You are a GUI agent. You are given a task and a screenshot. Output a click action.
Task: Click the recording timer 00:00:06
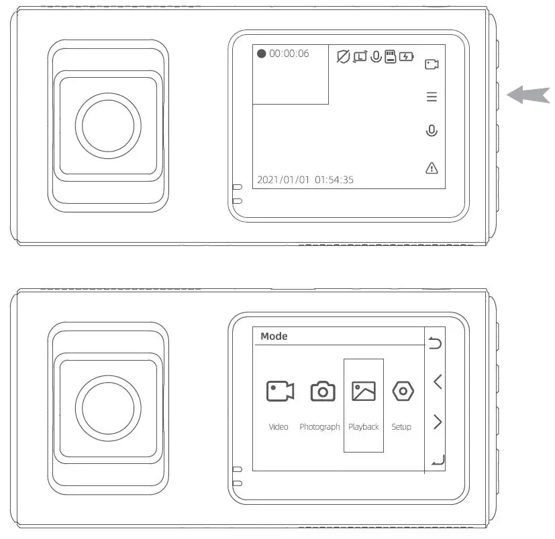(x=289, y=54)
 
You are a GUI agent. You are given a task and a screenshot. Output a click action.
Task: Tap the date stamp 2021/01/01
(x=283, y=180)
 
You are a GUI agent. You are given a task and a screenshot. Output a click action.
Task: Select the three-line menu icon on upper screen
(x=432, y=97)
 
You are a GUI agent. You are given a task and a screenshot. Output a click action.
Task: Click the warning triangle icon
(x=432, y=168)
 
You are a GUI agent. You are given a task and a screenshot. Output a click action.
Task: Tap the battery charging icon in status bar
(x=407, y=57)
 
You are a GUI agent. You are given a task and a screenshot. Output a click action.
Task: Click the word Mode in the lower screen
(x=274, y=337)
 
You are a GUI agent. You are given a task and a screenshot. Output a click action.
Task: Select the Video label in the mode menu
(x=279, y=427)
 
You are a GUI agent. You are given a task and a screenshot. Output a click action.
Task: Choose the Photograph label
(x=319, y=427)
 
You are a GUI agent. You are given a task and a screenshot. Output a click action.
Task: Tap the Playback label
(x=364, y=427)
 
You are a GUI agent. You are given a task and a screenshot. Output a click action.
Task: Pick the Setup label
(x=401, y=427)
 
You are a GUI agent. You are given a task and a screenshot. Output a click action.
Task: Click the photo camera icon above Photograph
(x=323, y=391)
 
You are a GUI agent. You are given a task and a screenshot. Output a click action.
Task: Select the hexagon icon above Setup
(x=403, y=391)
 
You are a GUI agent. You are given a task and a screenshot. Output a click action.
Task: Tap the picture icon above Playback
(x=364, y=391)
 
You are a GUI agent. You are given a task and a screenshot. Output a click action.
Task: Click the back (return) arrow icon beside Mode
(x=436, y=344)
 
